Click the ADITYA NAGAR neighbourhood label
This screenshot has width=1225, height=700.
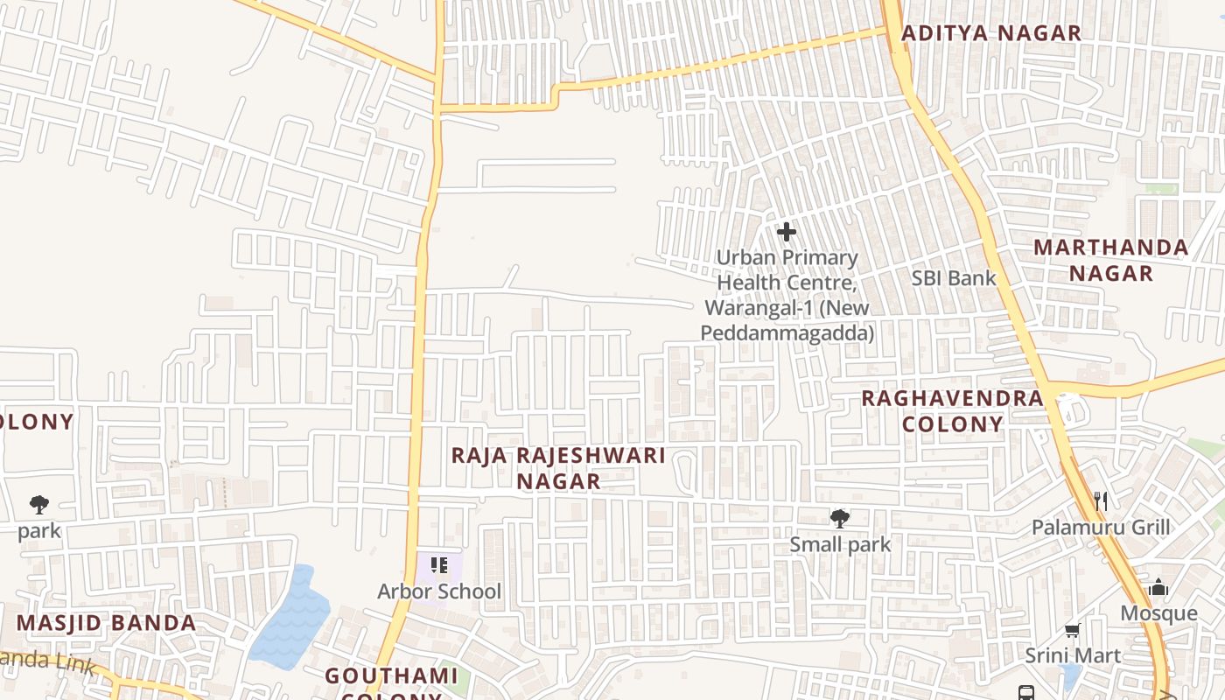(991, 33)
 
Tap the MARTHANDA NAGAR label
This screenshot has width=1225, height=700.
(1111, 260)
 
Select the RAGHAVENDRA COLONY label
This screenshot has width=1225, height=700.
(953, 411)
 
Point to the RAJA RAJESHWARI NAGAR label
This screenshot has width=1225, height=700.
(558, 468)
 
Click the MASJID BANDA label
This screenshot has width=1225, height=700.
(107, 623)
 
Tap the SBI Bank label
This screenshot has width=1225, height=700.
(954, 278)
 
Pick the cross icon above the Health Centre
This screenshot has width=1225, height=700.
(787, 232)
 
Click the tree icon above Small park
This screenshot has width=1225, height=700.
(840, 519)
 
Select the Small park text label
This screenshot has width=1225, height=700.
(840, 544)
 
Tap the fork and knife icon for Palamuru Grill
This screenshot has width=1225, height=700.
(1101, 501)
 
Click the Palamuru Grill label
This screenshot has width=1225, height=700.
(1101, 528)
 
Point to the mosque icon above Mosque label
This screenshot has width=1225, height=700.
(1158, 587)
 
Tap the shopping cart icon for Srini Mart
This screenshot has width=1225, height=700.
(1072, 630)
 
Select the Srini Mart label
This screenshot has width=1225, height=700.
(1073, 655)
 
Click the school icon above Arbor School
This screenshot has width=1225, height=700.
(439, 565)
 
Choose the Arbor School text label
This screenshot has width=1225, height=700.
(439, 591)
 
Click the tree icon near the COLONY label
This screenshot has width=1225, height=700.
(38, 504)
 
